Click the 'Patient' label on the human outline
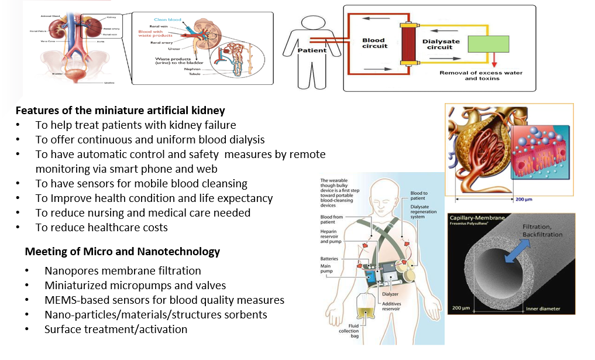312,50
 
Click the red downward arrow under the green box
494,61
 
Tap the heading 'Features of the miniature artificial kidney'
120,110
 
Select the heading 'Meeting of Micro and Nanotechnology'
122,252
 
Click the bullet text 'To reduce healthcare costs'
101,227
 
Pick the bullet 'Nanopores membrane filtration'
122,271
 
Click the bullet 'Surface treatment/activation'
116,329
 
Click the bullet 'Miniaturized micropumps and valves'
135,286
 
